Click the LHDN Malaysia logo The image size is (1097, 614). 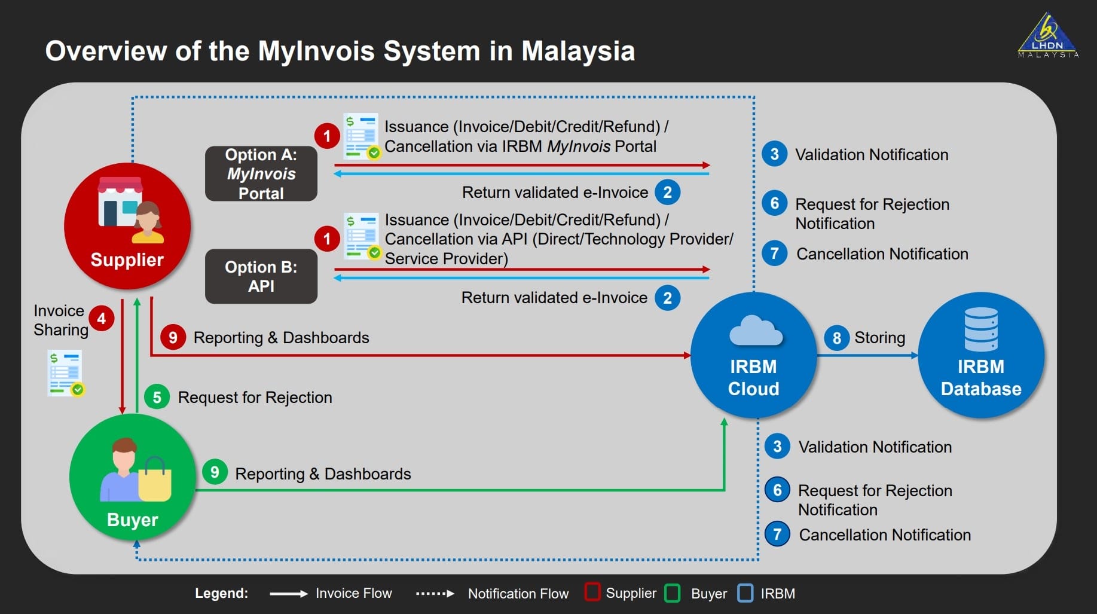1048,36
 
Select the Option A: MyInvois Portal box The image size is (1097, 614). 261,173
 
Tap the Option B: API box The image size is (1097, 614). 261,276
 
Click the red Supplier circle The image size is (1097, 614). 127,226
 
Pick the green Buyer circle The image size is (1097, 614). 133,477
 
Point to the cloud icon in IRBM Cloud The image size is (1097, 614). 755,331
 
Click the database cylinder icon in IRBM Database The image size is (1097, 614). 980,329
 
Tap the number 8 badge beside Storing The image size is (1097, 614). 836,338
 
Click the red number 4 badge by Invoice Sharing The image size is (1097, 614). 102,319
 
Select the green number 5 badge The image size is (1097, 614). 157,398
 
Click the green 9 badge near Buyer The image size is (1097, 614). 215,472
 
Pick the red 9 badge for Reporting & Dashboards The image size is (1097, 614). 173,338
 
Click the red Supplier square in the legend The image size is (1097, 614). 592,592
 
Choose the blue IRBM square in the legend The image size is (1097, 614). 745,593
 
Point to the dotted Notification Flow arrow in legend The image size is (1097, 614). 435,594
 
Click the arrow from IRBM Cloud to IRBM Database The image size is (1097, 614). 867,356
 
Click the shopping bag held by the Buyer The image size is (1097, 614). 155,481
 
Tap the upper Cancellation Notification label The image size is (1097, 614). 882,254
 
